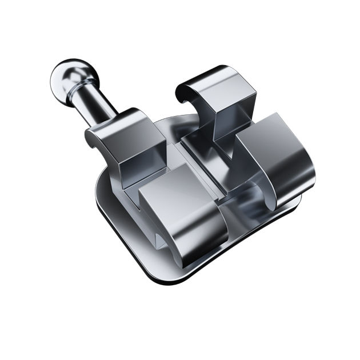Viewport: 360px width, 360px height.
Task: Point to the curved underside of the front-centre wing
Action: point(189,246)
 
